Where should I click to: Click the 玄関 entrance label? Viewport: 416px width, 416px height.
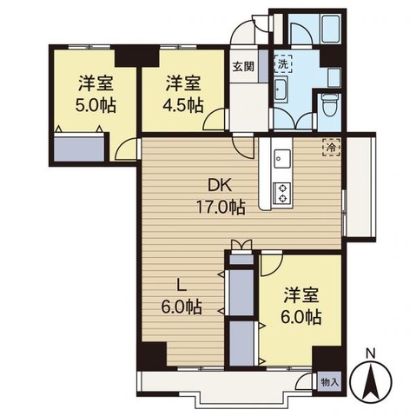click(x=243, y=67)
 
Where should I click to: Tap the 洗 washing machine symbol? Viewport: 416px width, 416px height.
click(x=283, y=63)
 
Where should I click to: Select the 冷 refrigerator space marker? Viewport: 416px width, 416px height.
click(x=331, y=147)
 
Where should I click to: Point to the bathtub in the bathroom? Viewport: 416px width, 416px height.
click(x=332, y=29)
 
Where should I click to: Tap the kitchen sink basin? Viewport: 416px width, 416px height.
click(x=282, y=159)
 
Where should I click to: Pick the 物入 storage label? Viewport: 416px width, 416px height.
click(x=329, y=383)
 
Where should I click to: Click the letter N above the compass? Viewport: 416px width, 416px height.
click(x=370, y=353)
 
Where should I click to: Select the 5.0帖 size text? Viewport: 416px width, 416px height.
click(x=96, y=105)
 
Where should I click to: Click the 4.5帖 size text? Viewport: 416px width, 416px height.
click(x=183, y=105)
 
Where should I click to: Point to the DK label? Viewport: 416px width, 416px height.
click(x=221, y=186)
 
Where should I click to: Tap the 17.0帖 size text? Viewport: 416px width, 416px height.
click(x=221, y=208)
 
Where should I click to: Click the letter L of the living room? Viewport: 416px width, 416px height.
click(x=181, y=286)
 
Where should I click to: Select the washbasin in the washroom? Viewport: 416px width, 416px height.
click(x=281, y=89)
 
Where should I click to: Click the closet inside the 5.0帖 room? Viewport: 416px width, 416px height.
click(x=79, y=147)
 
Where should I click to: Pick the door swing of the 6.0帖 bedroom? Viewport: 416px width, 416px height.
click(x=271, y=265)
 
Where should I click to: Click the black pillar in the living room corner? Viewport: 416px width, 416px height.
click(x=153, y=355)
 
